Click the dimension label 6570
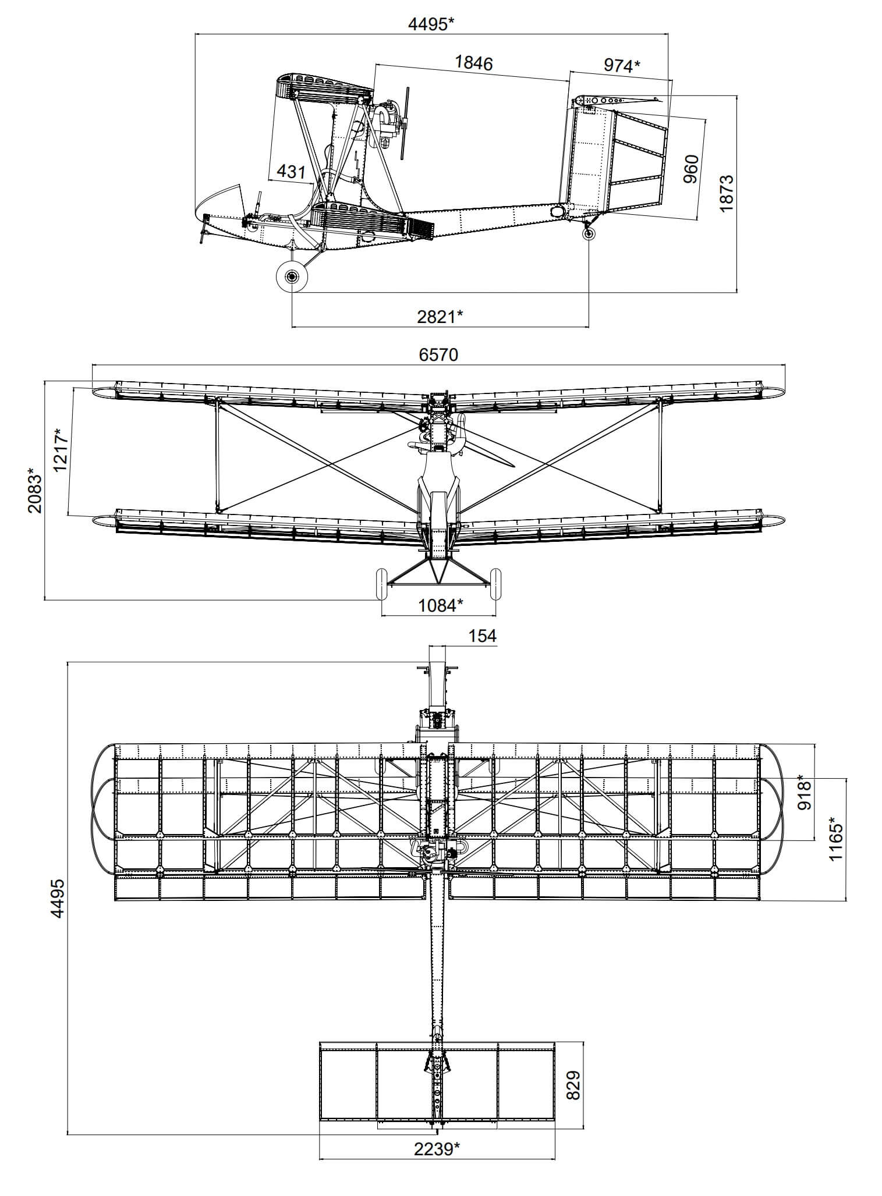pos(438,354)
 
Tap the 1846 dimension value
pos(473,63)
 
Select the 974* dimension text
pos(621,66)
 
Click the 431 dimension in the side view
pos(291,171)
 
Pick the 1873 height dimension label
pos(727,193)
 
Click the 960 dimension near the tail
pos(691,169)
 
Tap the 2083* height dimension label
pos(35,489)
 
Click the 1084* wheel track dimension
pos(441,605)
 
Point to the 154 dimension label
pos(483,636)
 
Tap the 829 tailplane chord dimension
pos(573,1084)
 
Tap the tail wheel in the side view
pos(589,233)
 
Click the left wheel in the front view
pos(381,584)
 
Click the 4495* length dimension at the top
pos(431,24)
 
